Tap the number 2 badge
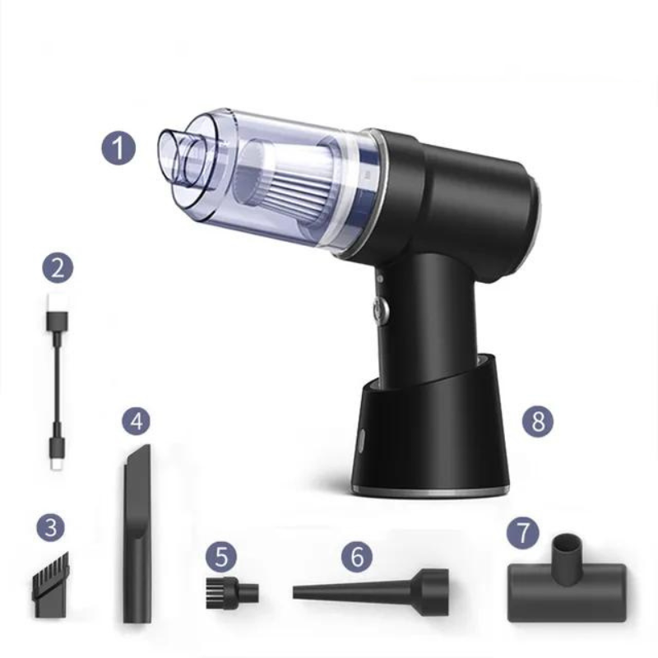click(57, 267)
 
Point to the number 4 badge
click(137, 422)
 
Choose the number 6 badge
click(356, 556)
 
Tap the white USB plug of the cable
click(56, 317)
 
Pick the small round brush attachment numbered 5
click(229, 591)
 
